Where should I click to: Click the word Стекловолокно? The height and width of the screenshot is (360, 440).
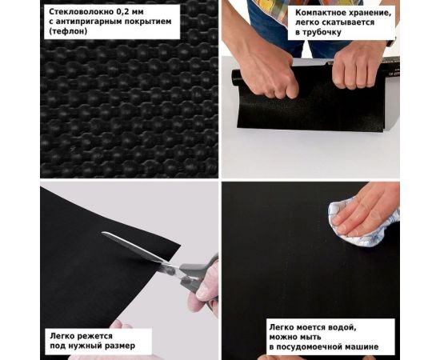[x=82, y=12]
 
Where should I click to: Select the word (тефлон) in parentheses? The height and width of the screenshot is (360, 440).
[x=68, y=31]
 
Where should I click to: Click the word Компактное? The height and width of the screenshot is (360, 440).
[x=319, y=13]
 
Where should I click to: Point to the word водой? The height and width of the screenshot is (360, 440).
[x=343, y=327]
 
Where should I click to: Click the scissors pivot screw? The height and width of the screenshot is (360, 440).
[x=169, y=271]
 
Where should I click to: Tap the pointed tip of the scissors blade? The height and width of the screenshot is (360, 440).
[x=102, y=233]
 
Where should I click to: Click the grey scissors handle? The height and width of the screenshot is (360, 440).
[x=197, y=278]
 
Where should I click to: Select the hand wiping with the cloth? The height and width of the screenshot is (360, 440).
[x=369, y=209]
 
